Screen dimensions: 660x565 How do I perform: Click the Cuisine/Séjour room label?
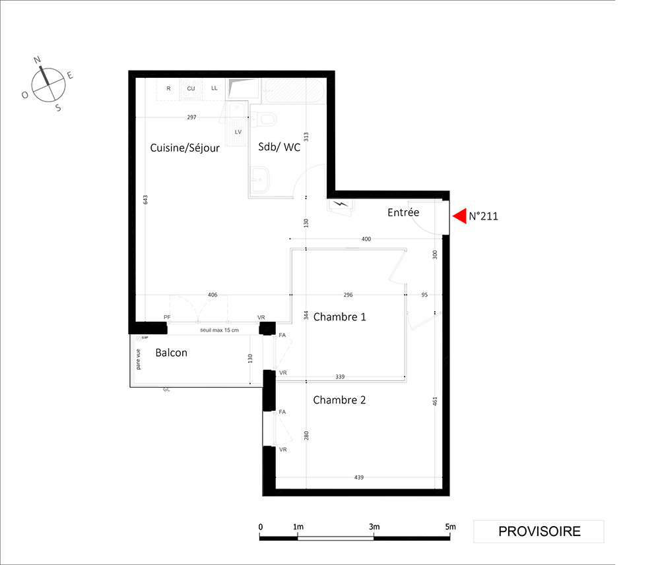click(185, 148)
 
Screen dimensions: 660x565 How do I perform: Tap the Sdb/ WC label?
click(279, 147)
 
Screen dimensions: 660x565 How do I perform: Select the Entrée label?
click(403, 212)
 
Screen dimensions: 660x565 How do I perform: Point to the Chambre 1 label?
click(340, 316)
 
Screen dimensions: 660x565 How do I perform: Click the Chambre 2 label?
click(339, 400)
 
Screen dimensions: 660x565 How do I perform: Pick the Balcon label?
click(172, 353)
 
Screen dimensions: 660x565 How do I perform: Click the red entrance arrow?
click(459, 216)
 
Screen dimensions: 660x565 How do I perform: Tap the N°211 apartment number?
click(483, 216)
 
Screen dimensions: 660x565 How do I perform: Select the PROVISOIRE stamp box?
click(539, 531)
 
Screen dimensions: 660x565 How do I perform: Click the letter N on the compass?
click(37, 60)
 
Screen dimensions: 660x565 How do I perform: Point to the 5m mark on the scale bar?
click(450, 527)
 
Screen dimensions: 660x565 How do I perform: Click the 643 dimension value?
click(146, 200)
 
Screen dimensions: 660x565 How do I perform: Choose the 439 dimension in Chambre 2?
click(358, 477)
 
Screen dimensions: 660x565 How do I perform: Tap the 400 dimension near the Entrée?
click(366, 239)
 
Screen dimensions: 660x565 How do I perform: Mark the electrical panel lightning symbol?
click(341, 205)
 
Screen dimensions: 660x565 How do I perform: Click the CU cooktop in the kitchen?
click(191, 89)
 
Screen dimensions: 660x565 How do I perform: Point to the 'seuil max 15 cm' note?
click(219, 330)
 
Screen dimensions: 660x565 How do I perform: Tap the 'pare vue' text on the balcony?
click(139, 359)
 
